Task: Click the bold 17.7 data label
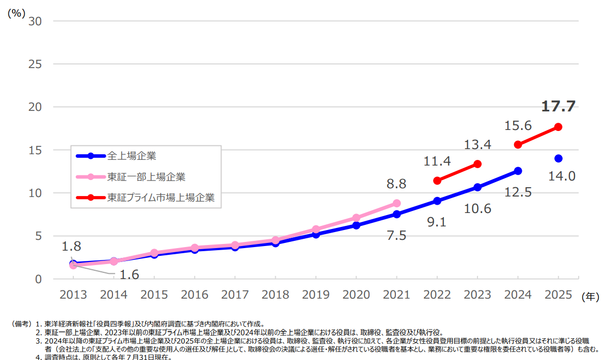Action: tap(558, 106)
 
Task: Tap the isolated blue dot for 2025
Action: tap(558, 158)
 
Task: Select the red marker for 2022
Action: tap(437, 181)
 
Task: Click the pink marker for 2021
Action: tap(396, 203)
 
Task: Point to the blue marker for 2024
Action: tap(518, 171)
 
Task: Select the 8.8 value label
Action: tap(396, 184)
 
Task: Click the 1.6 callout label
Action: tap(129, 274)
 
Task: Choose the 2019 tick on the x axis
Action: tap(315, 294)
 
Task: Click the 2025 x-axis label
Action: tap(558, 294)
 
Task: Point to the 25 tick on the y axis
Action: tap(36, 64)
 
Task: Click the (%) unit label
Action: tap(16, 14)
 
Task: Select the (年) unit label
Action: tap(590, 297)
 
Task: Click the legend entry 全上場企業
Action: tap(132, 155)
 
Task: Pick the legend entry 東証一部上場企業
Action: tap(146, 176)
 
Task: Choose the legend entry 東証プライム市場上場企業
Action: tap(161, 198)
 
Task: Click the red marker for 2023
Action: tap(477, 164)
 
